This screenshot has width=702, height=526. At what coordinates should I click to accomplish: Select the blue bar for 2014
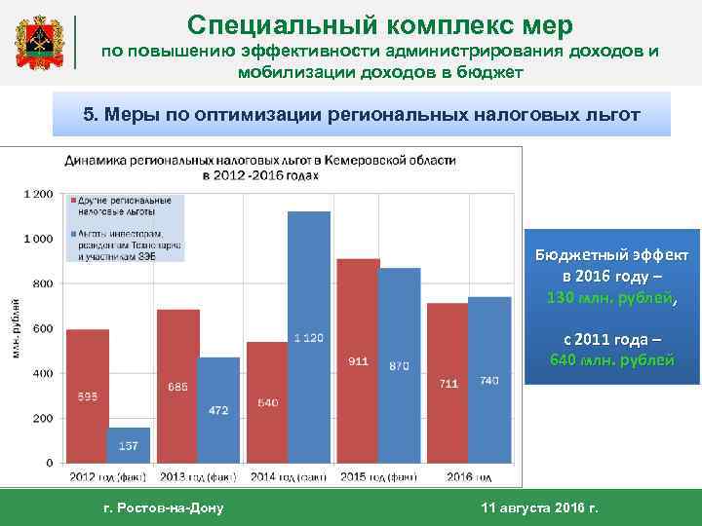click(x=308, y=336)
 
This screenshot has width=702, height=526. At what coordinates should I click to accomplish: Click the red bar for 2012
click(x=88, y=395)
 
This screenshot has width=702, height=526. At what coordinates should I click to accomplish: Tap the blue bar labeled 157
click(x=129, y=444)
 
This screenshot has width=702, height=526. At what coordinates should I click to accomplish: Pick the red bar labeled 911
click(x=358, y=360)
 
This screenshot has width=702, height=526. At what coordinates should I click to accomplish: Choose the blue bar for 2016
click(x=489, y=379)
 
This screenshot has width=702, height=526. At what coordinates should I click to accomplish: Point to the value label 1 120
click(x=308, y=337)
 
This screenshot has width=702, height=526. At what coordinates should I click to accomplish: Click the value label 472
click(x=218, y=410)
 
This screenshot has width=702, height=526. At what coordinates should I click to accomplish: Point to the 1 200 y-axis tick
click(x=38, y=194)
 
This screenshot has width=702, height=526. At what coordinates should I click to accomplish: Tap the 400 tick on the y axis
click(x=43, y=373)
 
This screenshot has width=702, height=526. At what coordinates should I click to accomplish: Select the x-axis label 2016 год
click(x=468, y=476)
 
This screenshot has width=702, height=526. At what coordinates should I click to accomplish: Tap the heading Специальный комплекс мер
click(x=380, y=23)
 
